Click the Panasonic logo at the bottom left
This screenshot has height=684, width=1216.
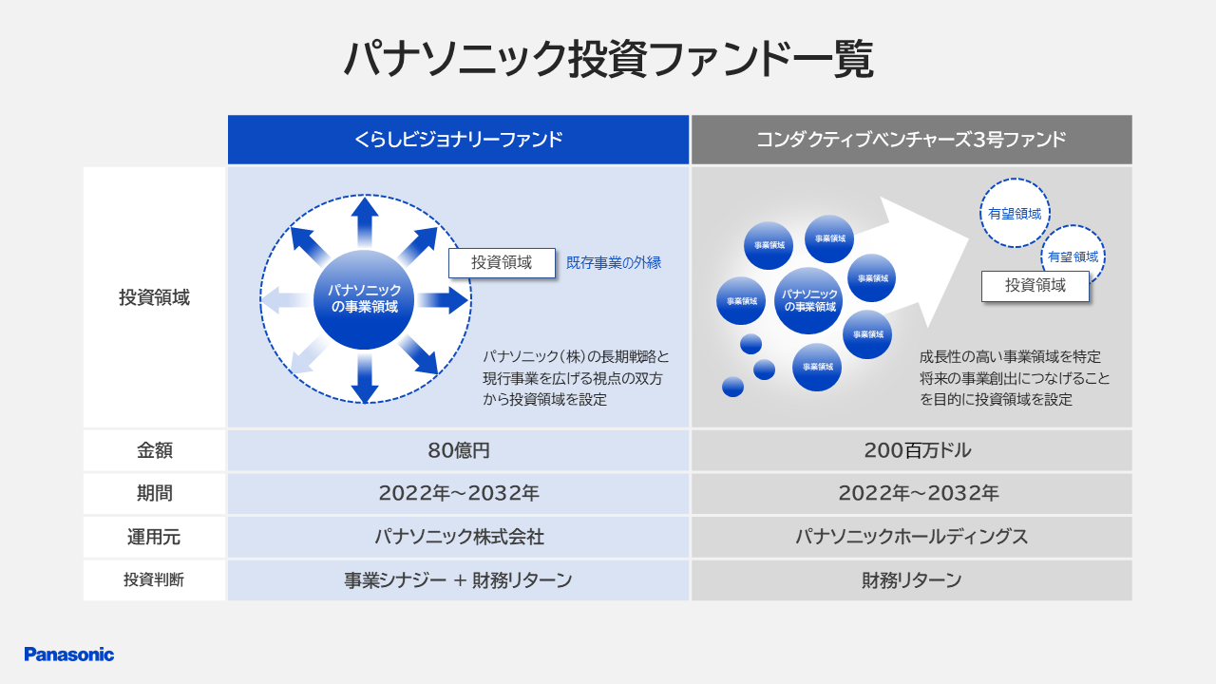coord(69,655)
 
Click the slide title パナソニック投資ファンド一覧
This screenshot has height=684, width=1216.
coord(608,59)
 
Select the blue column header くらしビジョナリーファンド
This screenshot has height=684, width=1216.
coord(458,140)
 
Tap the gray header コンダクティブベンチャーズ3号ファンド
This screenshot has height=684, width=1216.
coord(911,140)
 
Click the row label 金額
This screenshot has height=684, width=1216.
coord(154,450)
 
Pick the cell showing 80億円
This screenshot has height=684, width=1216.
coord(458,450)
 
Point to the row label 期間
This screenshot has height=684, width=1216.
coord(154,493)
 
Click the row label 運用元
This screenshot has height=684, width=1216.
coord(154,537)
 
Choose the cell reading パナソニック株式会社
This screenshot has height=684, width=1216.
coord(458,537)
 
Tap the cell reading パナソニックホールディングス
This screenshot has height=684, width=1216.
coord(911,537)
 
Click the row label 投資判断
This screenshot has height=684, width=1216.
coord(154,579)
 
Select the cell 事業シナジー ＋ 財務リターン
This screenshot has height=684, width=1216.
coord(458,579)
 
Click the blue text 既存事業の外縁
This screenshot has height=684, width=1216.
coord(614,263)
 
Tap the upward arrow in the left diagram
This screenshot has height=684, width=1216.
coord(364,222)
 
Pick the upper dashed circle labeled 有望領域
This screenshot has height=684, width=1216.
coord(1015,213)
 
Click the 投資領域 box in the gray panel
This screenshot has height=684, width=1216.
coord(1035,286)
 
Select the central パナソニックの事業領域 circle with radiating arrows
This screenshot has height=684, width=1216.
coord(364,299)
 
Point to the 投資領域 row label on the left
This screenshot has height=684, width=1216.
coord(154,297)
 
